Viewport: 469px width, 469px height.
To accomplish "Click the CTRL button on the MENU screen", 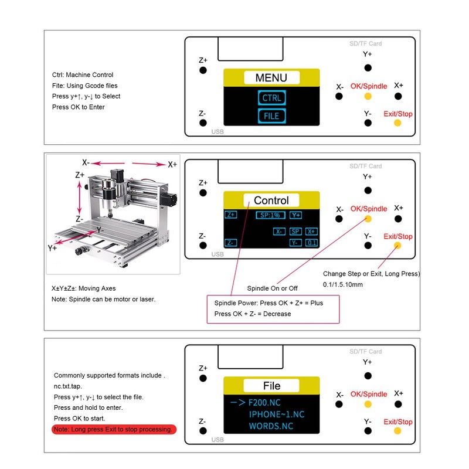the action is click(271, 98).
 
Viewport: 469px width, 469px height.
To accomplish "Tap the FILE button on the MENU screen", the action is click(271, 115).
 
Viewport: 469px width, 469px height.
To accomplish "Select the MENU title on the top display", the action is click(271, 78).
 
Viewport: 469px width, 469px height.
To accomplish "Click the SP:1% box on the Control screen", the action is click(270, 215).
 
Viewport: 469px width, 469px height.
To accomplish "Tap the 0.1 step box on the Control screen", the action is click(311, 243).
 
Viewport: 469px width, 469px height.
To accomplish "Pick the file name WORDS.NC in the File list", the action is click(271, 426).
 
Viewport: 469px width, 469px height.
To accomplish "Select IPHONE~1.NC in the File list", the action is click(277, 414).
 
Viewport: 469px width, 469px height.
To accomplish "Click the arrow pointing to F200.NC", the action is click(238, 403).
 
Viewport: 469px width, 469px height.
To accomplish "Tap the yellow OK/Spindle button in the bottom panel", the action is click(368, 405).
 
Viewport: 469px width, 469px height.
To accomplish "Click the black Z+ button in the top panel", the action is click(203, 70).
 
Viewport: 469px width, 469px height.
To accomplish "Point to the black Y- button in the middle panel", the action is click(368, 246).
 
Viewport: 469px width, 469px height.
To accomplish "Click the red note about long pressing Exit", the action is click(114, 429).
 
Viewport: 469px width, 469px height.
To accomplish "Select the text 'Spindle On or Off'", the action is click(272, 288).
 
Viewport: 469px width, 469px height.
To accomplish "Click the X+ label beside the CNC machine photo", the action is click(172, 165).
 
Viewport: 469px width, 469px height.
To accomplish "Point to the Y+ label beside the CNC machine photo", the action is click(52, 248).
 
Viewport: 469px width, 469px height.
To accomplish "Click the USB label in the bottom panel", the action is click(217, 440).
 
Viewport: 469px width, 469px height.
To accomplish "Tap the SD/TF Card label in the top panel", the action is click(365, 43).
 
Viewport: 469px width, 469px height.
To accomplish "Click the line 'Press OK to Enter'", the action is click(79, 107).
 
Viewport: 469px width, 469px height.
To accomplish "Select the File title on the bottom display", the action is click(271, 386).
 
